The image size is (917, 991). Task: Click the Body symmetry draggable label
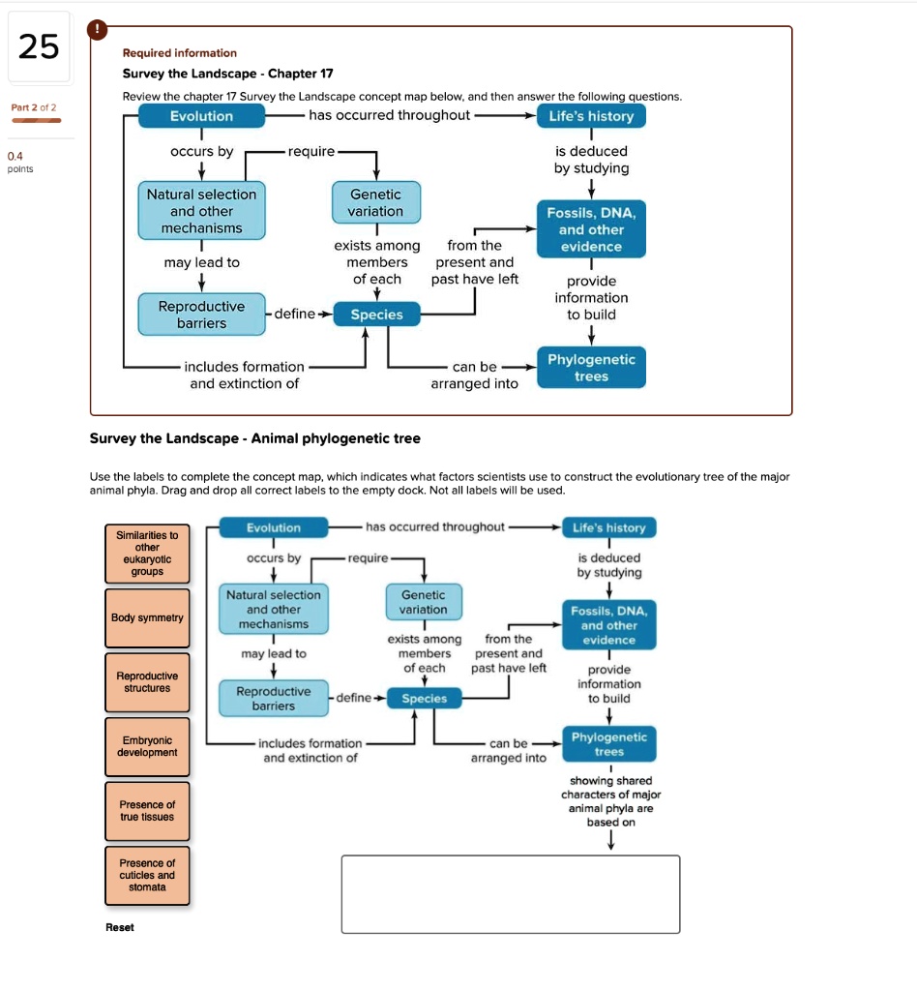147,617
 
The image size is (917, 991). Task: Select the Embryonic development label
147,746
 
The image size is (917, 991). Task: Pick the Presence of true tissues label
147,811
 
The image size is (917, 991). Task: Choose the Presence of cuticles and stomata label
147,875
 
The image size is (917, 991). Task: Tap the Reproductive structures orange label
147,682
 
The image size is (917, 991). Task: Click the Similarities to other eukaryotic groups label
147,554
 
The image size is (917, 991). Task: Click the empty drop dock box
510,893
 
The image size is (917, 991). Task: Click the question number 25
39,46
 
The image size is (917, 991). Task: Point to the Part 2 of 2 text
34,107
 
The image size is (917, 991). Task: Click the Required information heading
179,53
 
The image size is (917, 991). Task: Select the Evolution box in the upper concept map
201,116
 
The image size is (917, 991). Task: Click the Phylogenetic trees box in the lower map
608,744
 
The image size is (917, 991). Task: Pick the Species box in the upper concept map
376,315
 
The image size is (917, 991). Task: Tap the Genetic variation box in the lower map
424,602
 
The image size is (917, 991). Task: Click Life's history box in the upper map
590,116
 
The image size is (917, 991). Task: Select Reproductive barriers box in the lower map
274,699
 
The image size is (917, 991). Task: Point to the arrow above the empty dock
610,842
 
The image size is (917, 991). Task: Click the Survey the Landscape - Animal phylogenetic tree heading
254,438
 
